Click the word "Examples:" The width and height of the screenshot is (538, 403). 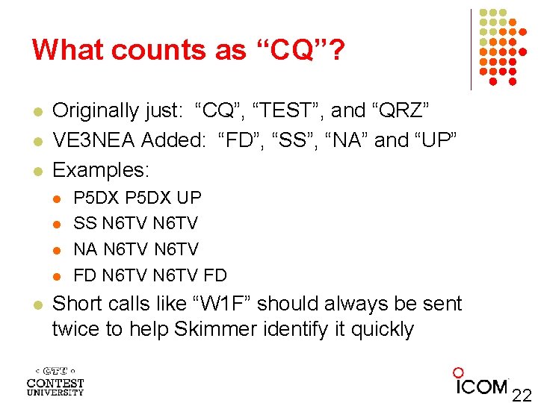pos(101,170)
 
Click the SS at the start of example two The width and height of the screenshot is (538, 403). pos(85,223)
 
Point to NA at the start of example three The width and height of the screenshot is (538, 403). pos(86,249)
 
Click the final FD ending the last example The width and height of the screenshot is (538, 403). pos(214,275)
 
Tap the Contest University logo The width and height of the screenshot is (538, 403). pos(55,381)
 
